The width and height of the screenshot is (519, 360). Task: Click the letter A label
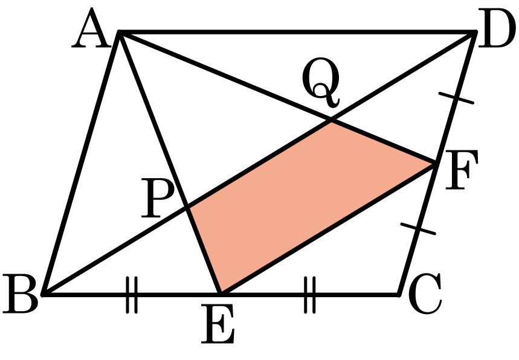pyautogui.click(x=91, y=28)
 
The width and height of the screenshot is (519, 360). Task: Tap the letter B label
pyautogui.click(x=21, y=294)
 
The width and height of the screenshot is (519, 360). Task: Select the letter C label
pyautogui.click(x=425, y=294)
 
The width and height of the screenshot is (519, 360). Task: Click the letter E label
pyautogui.click(x=218, y=324)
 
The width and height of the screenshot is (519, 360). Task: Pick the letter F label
pyautogui.click(x=462, y=170)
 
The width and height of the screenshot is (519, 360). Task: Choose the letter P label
pyautogui.click(x=157, y=198)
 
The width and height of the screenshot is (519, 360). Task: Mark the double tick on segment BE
pyautogui.click(x=132, y=295)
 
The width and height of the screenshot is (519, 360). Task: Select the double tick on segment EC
pyautogui.click(x=310, y=295)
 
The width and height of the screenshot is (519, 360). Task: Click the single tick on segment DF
pyautogui.click(x=456, y=98)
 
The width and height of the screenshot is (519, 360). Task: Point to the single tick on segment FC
pyautogui.click(x=418, y=229)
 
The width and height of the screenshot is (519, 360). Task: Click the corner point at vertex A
pyautogui.click(x=119, y=32)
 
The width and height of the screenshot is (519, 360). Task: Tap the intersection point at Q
pyautogui.click(x=331, y=121)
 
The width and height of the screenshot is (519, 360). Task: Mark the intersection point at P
pyautogui.click(x=187, y=208)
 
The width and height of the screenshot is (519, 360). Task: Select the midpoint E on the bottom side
pyautogui.click(x=221, y=294)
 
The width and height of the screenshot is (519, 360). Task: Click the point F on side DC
pyautogui.click(x=435, y=163)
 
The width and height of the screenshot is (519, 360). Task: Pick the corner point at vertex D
pyautogui.click(x=475, y=32)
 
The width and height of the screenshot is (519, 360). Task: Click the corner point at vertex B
pyautogui.click(x=43, y=294)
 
